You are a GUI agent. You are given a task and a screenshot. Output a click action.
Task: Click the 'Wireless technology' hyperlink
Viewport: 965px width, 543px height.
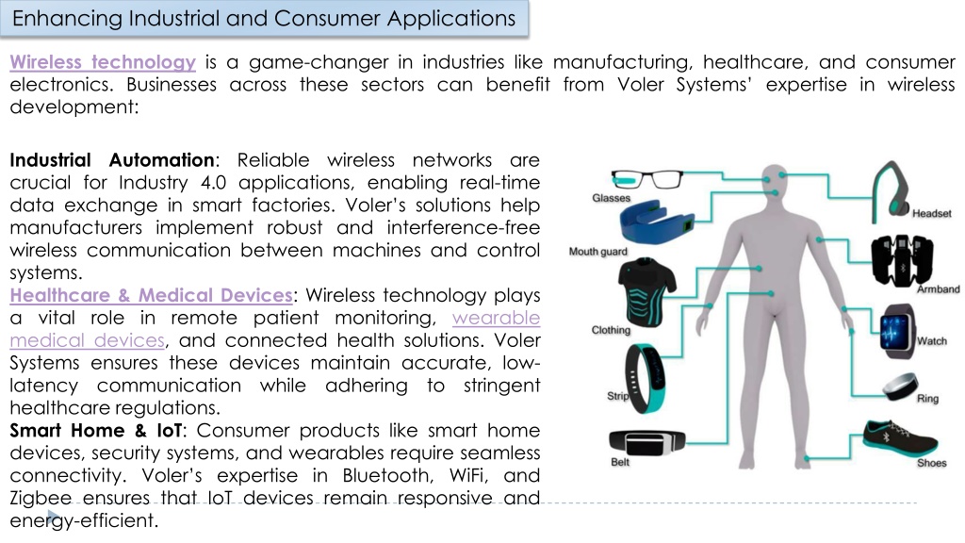pyautogui.click(x=103, y=62)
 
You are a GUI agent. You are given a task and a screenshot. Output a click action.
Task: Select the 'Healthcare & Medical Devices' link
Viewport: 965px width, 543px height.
pyautogui.click(x=152, y=295)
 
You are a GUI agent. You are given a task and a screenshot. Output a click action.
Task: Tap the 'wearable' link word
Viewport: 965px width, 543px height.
pyautogui.click(x=496, y=318)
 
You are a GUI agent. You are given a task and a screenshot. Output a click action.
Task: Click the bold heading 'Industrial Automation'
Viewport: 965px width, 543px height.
pyautogui.click(x=112, y=160)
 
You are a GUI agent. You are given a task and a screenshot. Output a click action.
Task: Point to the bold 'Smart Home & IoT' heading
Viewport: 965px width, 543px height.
pyautogui.click(x=96, y=430)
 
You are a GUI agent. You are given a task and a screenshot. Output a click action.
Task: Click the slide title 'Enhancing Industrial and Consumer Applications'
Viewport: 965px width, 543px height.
pyautogui.click(x=264, y=19)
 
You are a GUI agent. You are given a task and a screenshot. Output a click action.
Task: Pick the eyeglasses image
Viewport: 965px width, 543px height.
pyautogui.click(x=646, y=179)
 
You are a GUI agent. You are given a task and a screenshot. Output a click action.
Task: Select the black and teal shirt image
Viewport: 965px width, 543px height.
pyautogui.click(x=646, y=292)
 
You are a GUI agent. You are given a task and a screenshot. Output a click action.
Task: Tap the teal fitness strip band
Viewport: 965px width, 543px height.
pyautogui.click(x=645, y=378)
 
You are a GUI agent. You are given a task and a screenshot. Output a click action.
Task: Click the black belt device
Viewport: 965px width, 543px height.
pyautogui.click(x=646, y=442)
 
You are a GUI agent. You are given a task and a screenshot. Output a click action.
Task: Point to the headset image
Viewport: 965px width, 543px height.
pyautogui.click(x=891, y=190)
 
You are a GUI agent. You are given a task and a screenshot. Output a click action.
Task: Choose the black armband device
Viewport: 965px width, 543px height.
pyautogui.click(x=902, y=260)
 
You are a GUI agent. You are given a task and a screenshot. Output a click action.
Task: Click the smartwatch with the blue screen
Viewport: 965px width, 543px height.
pyautogui.click(x=898, y=331)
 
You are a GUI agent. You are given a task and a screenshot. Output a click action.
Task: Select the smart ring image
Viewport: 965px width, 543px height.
pyautogui.click(x=900, y=386)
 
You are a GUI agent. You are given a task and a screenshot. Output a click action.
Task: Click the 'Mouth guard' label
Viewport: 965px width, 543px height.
pyautogui.click(x=598, y=251)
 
